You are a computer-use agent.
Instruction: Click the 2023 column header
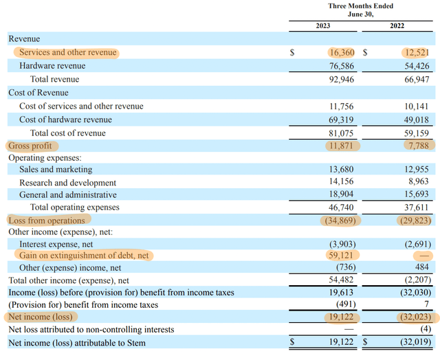pos(322,26)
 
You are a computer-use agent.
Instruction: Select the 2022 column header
pos(397,26)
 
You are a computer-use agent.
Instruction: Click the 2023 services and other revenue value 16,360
pos(342,52)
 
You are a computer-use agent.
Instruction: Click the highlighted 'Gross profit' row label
pos(30,146)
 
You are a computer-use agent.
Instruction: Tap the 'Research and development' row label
pos(67,183)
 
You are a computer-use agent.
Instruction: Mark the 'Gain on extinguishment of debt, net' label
pos(83,255)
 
